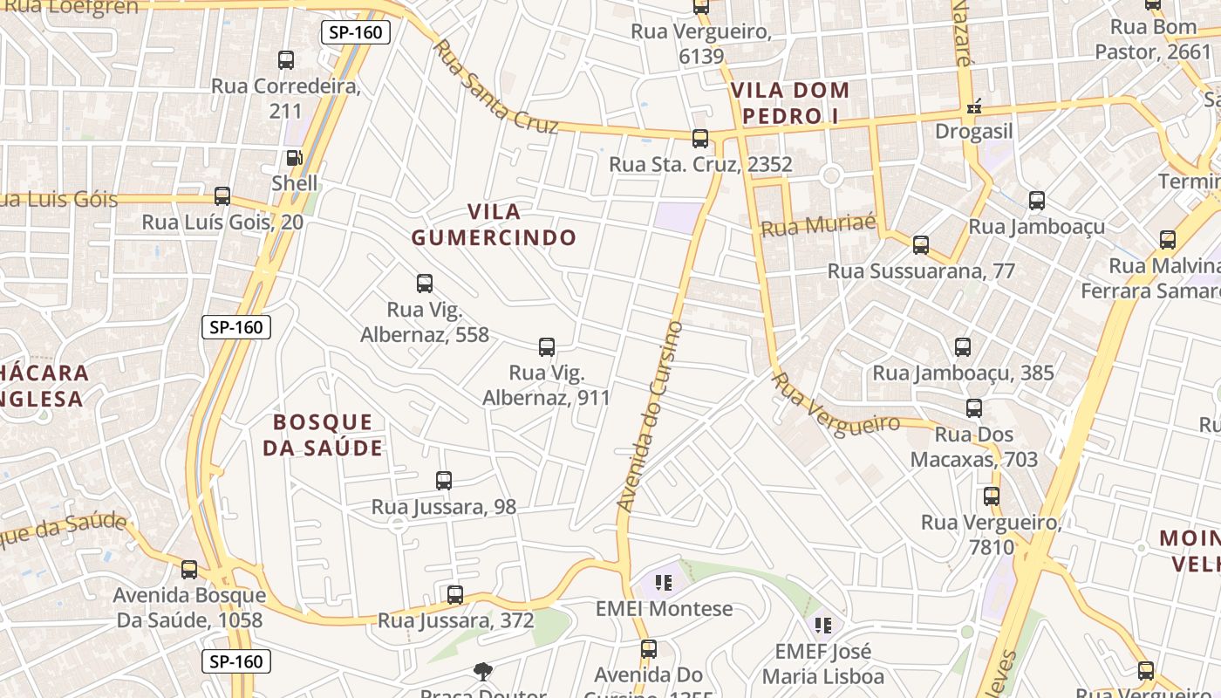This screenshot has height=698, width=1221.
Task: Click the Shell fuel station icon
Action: pos(295,158)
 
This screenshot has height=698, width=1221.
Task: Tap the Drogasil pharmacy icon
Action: pos(974,107)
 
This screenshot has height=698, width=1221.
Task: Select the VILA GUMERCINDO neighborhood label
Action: pos(494,224)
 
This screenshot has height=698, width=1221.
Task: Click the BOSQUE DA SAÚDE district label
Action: pos(323,435)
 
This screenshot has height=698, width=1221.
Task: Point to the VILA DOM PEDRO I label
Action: pos(790,102)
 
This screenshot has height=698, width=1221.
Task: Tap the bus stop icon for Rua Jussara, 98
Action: pos(443,481)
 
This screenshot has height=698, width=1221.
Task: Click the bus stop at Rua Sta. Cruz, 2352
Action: pos(700,139)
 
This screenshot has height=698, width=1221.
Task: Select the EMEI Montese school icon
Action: pos(663,582)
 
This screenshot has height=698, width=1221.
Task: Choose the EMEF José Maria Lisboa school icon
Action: pos(822,625)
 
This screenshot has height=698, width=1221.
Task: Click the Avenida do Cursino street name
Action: pos(651,416)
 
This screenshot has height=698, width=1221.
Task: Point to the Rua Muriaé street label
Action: pos(818,225)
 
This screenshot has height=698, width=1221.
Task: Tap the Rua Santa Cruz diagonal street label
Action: pos(495,86)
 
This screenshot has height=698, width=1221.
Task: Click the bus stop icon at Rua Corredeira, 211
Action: pos(286,60)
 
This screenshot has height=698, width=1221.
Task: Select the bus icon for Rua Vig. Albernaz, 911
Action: pos(547,347)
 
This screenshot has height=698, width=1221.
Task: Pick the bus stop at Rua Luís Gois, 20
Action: pos(222,196)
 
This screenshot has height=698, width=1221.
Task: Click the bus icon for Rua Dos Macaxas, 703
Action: pos(974,408)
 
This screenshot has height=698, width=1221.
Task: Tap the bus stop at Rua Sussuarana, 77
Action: pos(921,245)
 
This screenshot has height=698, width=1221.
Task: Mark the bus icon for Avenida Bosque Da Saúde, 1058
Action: pos(189,570)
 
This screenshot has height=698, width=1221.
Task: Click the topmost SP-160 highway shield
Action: pos(355,33)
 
